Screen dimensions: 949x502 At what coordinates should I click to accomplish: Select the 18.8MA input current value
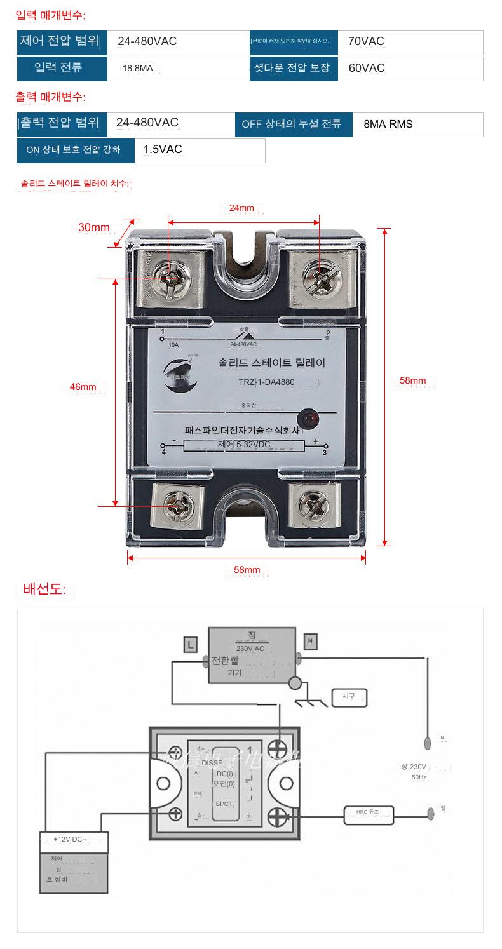click(x=138, y=68)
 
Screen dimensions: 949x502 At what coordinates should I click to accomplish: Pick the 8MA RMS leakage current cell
click(x=388, y=124)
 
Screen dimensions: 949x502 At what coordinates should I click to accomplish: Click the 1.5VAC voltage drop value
click(x=163, y=150)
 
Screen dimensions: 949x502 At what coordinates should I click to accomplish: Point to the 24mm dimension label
click(x=241, y=208)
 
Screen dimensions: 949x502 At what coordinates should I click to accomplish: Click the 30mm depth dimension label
click(x=93, y=227)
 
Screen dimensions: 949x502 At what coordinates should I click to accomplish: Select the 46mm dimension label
click(x=83, y=387)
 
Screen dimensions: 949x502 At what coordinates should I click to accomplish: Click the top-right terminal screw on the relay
click(x=318, y=277)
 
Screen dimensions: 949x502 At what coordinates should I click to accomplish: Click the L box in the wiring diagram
click(x=189, y=644)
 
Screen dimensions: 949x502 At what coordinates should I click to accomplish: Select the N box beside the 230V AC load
click(x=310, y=642)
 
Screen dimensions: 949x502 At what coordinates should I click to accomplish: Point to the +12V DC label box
click(x=74, y=839)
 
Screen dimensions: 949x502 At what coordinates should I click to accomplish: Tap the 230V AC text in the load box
click(x=250, y=649)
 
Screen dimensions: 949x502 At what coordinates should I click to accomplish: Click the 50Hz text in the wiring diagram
click(x=418, y=777)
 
